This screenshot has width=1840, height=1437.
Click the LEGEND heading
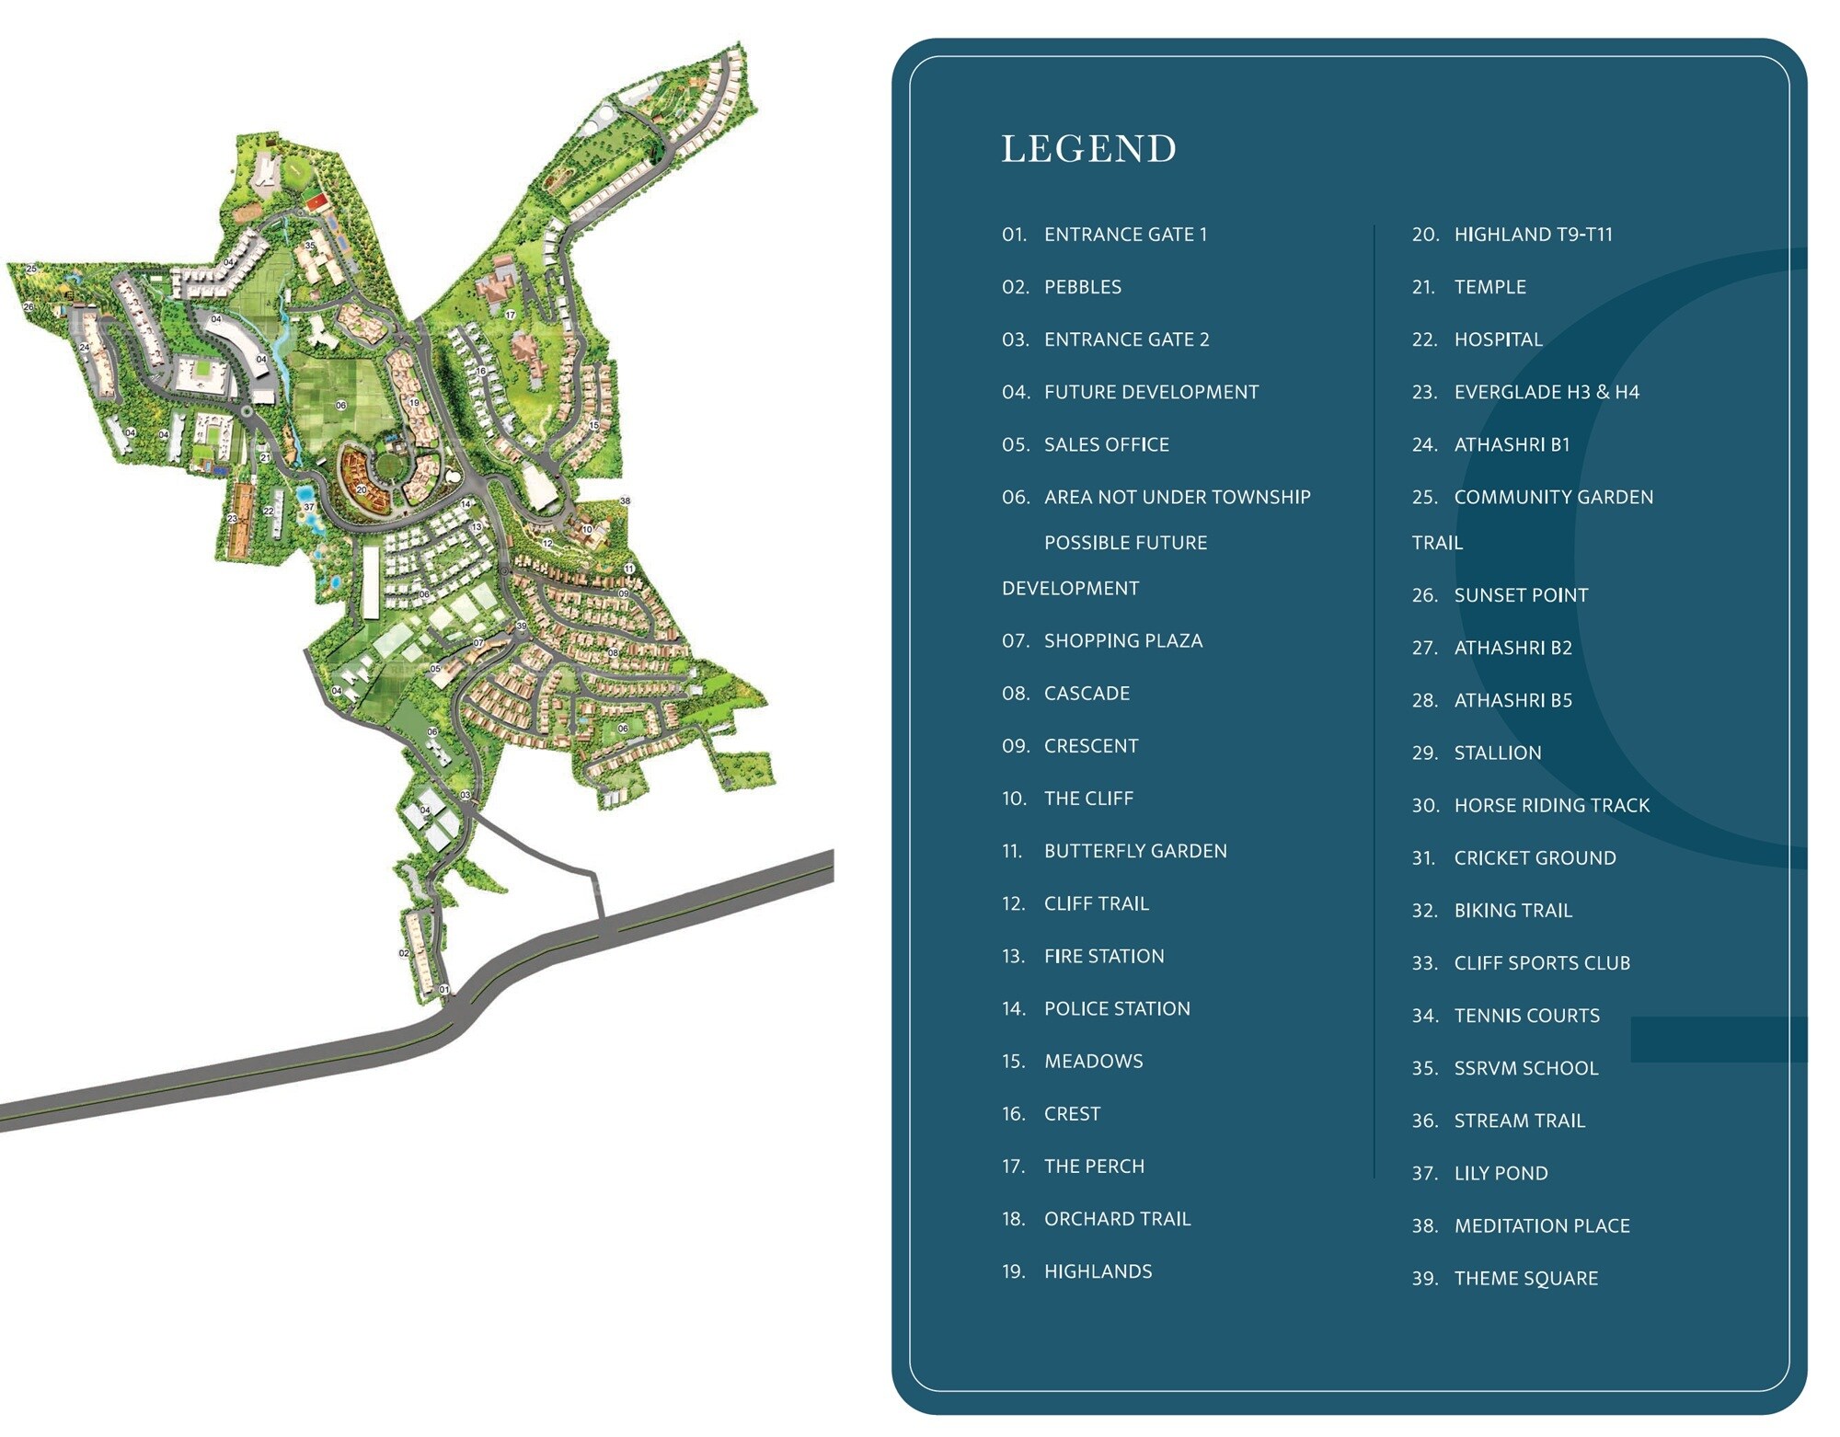click(1088, 149)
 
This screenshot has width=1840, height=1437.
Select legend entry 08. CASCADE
click(1086, 694)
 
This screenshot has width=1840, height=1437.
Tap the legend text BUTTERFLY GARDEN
click(1134, 851)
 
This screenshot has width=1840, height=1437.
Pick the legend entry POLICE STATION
click(1116, 1008)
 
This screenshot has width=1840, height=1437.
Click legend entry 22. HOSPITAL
click(1497, 339)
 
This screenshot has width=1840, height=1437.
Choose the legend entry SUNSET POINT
click(1520, 595)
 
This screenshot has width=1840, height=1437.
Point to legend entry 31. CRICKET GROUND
click(1534, 858)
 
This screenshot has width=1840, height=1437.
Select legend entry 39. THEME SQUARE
click(1525, 1279)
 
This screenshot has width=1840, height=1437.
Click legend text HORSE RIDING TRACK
click(1551, 806)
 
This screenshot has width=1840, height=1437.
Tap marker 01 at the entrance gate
click(444, 990)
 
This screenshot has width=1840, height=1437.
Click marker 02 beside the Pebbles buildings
click(404, 953)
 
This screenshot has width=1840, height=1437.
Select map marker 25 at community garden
click(31, 269)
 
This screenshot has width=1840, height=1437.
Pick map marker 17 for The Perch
click(510, 316)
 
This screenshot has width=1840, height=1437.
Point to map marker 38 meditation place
click(625, 501)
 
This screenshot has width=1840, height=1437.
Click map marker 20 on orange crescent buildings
click(362, 490)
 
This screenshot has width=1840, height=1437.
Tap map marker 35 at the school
click(310, 246)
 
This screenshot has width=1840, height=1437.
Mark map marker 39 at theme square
click(522, 626)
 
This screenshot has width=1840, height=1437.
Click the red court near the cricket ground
click(316, 201)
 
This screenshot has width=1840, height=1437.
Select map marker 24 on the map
click(84, 348)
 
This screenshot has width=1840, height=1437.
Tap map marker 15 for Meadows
click(593, 425)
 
